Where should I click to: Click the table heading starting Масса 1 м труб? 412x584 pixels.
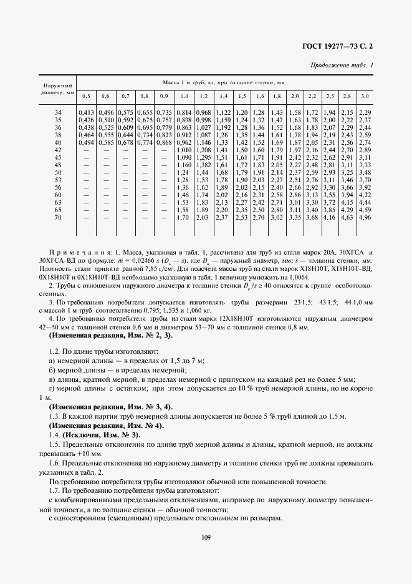pyautogui.click(x=224, y=82)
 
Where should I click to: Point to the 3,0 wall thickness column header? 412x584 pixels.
pyautogui.click(x=365, y=96)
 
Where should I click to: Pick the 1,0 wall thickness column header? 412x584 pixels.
pyautogui.click(x=184, y=96)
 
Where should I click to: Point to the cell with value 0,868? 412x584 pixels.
pyautogui.click(x=164, y=142)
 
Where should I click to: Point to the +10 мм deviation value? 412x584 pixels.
pyautogui.click(x=79, y=453)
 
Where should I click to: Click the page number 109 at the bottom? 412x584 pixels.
pyautogui.click(x=206, y=537)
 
